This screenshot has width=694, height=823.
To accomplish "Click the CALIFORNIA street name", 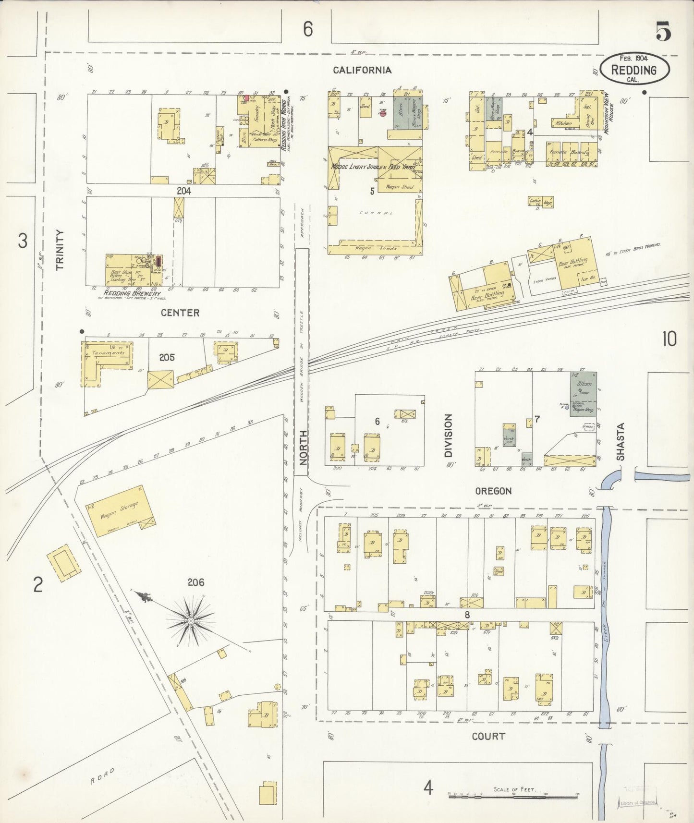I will (x=363, y=70).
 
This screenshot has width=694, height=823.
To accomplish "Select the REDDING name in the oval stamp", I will (x=633, y=70).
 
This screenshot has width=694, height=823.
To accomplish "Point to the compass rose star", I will (x=191, y=621).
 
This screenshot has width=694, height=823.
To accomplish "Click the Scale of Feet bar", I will (x=513, y=798).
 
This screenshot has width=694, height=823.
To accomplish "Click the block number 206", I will (x=195, y=582).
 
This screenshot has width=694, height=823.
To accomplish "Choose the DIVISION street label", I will (x=448, y=436).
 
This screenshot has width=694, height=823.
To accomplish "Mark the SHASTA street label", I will (x=621, y=442).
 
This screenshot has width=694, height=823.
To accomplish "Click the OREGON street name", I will (x=493, y=491).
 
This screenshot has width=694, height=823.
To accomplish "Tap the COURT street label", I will (x=488, y=736).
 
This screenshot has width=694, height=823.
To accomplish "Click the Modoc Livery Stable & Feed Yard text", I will (x=372, y=167).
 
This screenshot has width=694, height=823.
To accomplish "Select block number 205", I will (x=167, y=357).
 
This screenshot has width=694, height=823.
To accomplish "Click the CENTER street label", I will (x=180, y=313).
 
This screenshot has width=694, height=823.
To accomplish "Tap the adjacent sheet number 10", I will (x=669, y=339).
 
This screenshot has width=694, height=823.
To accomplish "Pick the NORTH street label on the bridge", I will (x=303, y=448).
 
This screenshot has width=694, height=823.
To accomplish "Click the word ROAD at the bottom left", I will (x=103, y=776).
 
